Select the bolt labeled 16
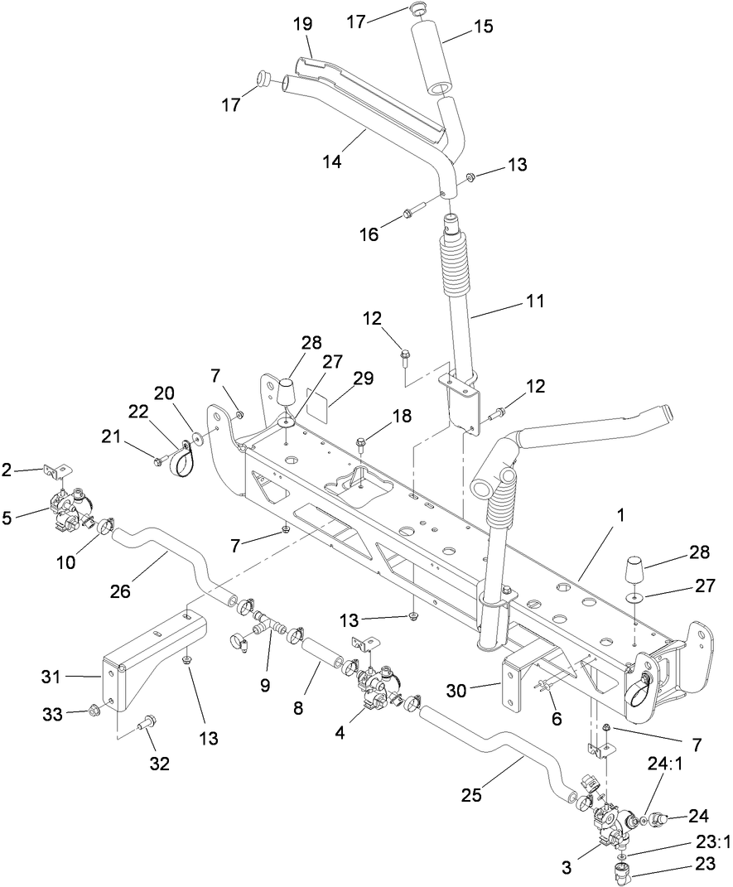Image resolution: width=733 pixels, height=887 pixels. tap(410, 215)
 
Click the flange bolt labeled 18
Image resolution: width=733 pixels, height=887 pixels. tap(363, 442)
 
